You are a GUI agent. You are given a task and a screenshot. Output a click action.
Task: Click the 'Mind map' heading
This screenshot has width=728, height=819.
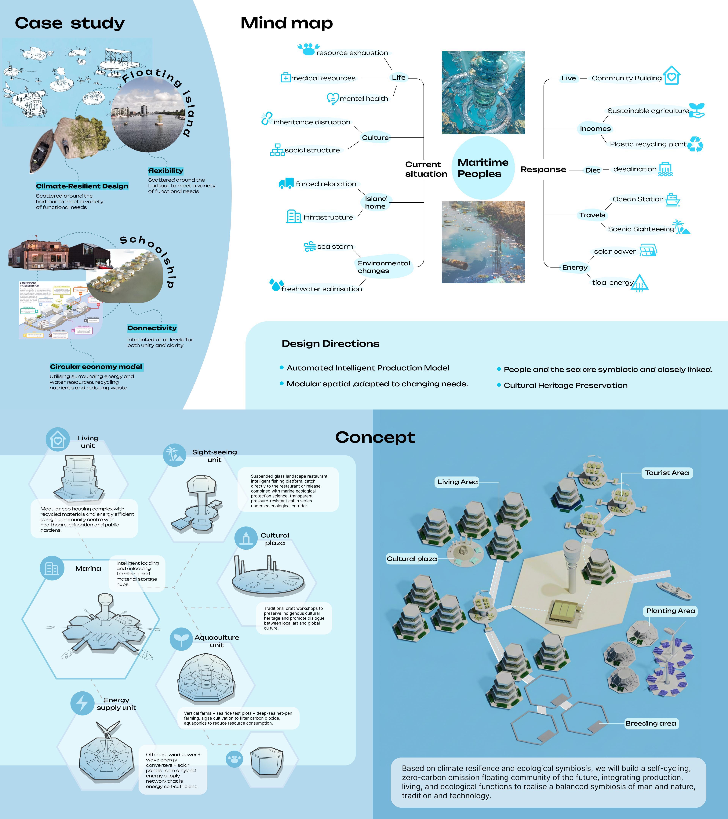(x=286, y=23)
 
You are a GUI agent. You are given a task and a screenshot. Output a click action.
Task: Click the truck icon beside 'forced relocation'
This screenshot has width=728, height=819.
(x=286, y=184)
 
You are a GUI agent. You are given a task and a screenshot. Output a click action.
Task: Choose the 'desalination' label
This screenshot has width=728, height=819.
(x=635, y=169)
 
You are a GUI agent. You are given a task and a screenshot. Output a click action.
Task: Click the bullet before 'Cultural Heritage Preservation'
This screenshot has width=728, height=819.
(x=499, y=385)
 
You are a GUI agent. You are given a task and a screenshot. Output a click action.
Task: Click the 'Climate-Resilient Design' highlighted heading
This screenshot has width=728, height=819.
(x=82, y=186)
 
